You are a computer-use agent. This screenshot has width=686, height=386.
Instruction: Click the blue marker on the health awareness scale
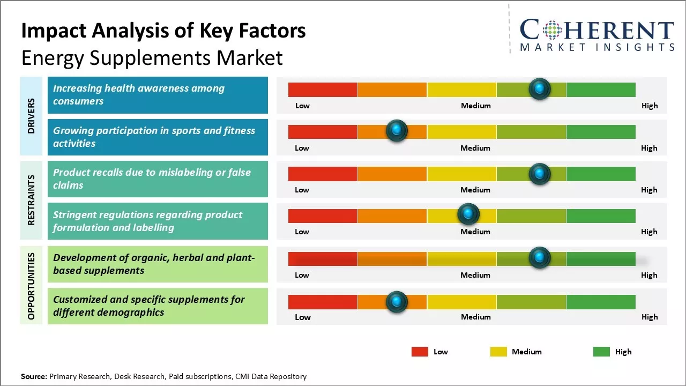point(540,88)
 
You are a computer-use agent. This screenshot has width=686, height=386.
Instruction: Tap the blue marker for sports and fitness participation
point(397,130)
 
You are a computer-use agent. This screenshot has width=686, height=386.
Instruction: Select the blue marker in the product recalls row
point(540,174)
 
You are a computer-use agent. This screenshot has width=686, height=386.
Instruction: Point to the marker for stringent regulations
point(468,214)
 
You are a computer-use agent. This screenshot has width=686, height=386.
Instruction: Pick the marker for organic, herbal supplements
point(540,258)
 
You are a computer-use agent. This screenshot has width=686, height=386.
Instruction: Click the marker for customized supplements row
point(397,302)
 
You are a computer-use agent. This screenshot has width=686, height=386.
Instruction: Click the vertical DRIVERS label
point(31,116)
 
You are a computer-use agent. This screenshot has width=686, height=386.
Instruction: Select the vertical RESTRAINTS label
point(31,200)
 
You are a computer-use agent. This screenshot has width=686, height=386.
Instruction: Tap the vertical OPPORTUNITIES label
point(31,286)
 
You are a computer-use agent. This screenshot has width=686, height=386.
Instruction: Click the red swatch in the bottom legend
point(420,352)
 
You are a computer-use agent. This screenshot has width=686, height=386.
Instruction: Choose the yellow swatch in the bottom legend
point(498,352)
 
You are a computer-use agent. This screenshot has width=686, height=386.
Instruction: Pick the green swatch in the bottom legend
point(601,352)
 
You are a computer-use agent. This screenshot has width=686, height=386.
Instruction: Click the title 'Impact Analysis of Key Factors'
point(163,31)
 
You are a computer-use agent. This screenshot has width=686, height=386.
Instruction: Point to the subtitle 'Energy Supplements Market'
point(152,57)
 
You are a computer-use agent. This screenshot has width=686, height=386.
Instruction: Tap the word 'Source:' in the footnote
point(34,376)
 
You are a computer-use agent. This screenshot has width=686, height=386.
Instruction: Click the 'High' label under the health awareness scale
point(650,106)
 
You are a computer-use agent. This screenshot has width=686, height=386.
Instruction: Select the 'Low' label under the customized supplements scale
point(302,317)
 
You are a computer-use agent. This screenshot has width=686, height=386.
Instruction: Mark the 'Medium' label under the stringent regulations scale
point(475,232)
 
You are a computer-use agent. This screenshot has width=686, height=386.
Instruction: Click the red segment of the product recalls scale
point(323,174)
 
